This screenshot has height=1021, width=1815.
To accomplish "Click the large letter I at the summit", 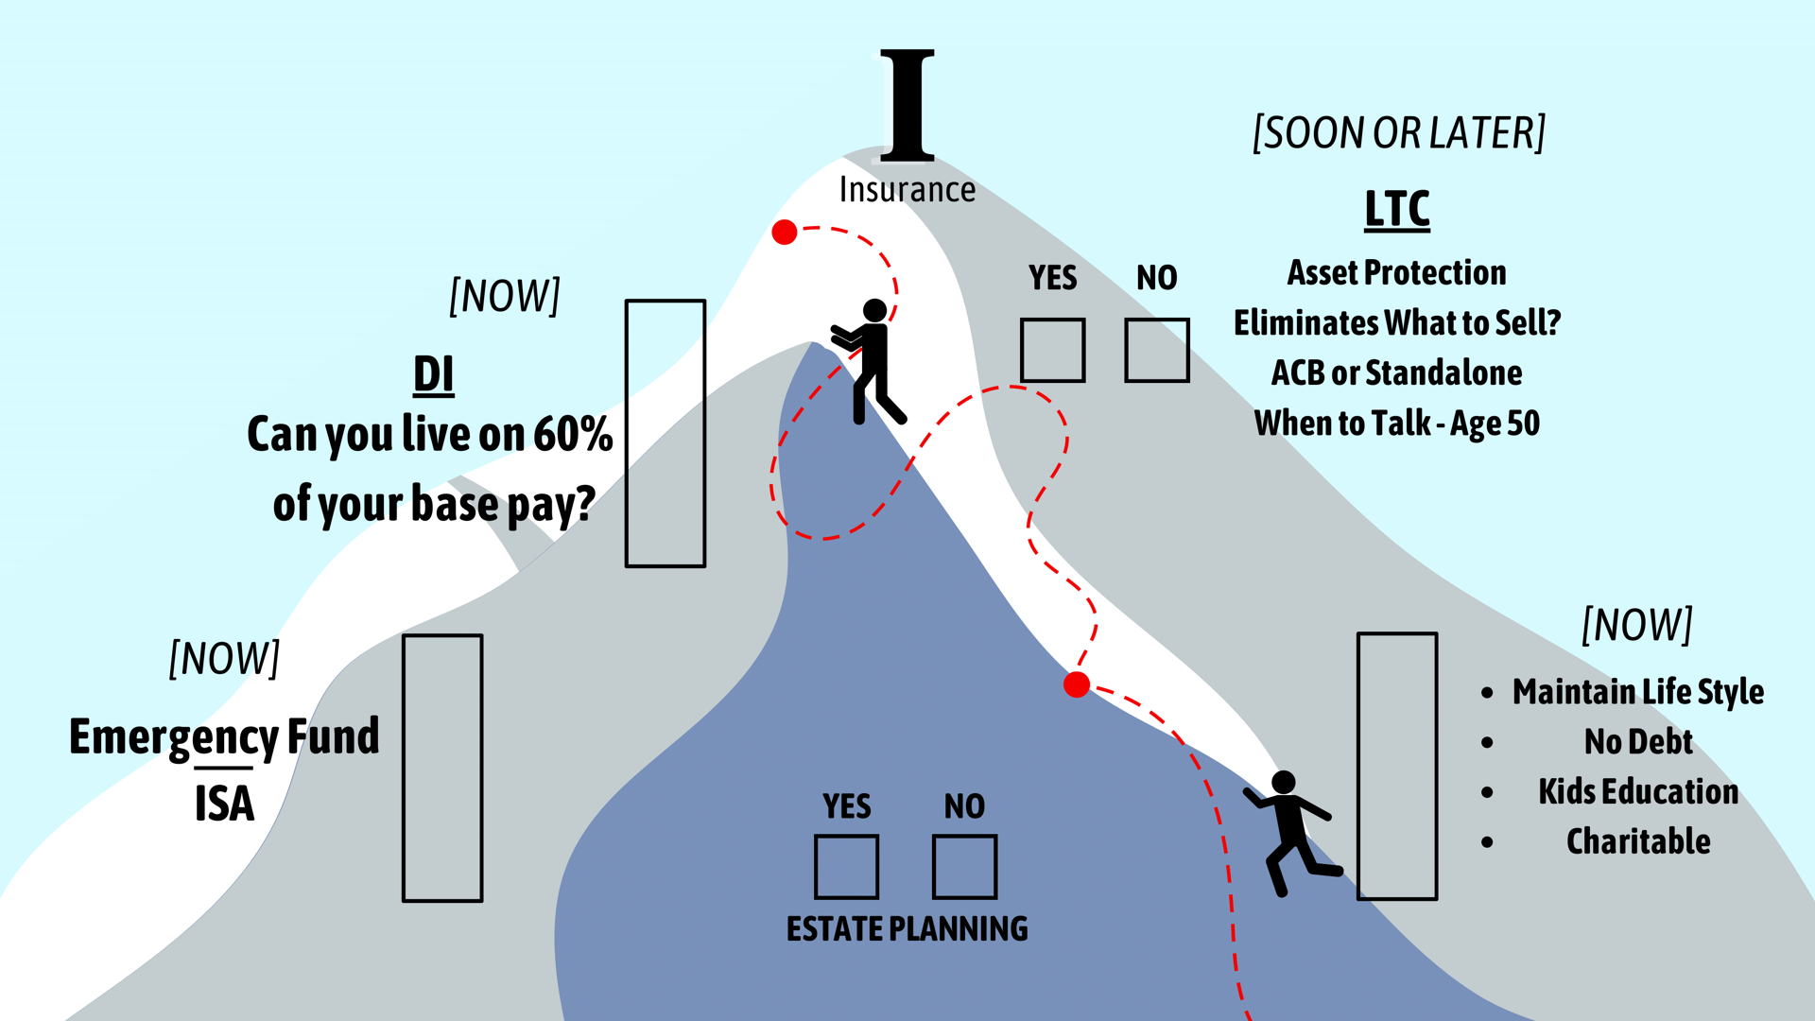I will tap(907, 105).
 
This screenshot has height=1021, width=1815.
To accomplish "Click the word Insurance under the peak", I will tap(907, 190).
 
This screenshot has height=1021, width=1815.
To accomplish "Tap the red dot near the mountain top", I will tap(784, 232).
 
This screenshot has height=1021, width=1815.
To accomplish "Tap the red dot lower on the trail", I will tap(1076, 684).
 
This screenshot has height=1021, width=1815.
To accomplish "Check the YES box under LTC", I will tap(1052, 350).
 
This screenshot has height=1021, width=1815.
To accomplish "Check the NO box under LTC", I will tap(1156, 350).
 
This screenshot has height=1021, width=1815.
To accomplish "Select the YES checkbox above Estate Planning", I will tap(846, 866).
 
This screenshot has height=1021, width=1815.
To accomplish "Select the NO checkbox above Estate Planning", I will tap(964, 866).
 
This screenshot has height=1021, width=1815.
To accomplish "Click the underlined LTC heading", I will tap(1396, 209).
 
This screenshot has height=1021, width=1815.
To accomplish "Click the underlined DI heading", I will tap(433, 374).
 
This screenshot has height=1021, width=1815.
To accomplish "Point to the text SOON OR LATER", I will tap(1398, 133).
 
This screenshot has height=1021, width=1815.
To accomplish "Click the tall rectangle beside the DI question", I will tap(665, 433).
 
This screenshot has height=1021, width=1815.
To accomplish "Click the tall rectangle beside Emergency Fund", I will tap(442, 768).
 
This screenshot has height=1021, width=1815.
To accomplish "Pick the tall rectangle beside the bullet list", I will tap(1396, 766).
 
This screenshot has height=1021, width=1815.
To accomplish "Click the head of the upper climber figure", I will tap(874, 310).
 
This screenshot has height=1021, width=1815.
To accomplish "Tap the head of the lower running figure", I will tap(1283, 782).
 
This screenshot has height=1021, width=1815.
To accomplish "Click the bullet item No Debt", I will tap(1637, 742).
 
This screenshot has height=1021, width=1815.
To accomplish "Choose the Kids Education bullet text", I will tap(1637, 791).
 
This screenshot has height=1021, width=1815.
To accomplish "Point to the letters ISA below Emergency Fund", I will tap(224, 805).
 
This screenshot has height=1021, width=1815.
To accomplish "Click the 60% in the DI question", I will tap(573, 434).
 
